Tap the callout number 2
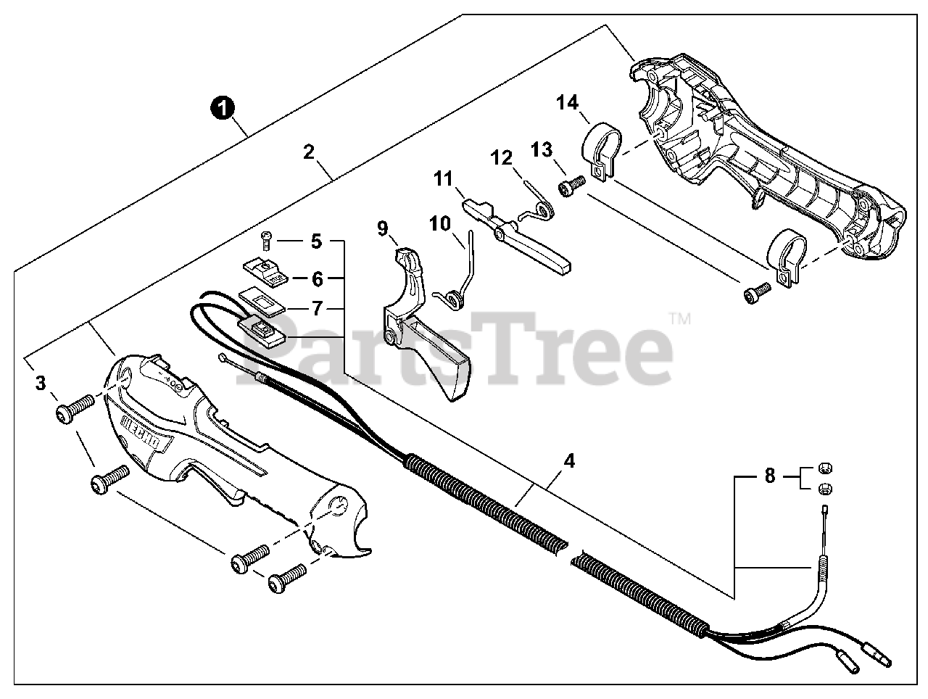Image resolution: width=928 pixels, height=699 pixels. point(309,152)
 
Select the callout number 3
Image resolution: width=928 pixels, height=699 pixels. point(41,382)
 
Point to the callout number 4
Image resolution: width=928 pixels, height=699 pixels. point(569,460)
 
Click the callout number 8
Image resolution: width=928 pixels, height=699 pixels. point(769,476)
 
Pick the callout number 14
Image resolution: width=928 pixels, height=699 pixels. point(568,103)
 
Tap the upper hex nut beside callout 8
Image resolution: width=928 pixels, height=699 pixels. point(823,466)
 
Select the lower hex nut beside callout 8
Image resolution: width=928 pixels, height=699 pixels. point(823,487)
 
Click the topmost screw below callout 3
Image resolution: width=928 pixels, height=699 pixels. point(75,408)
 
